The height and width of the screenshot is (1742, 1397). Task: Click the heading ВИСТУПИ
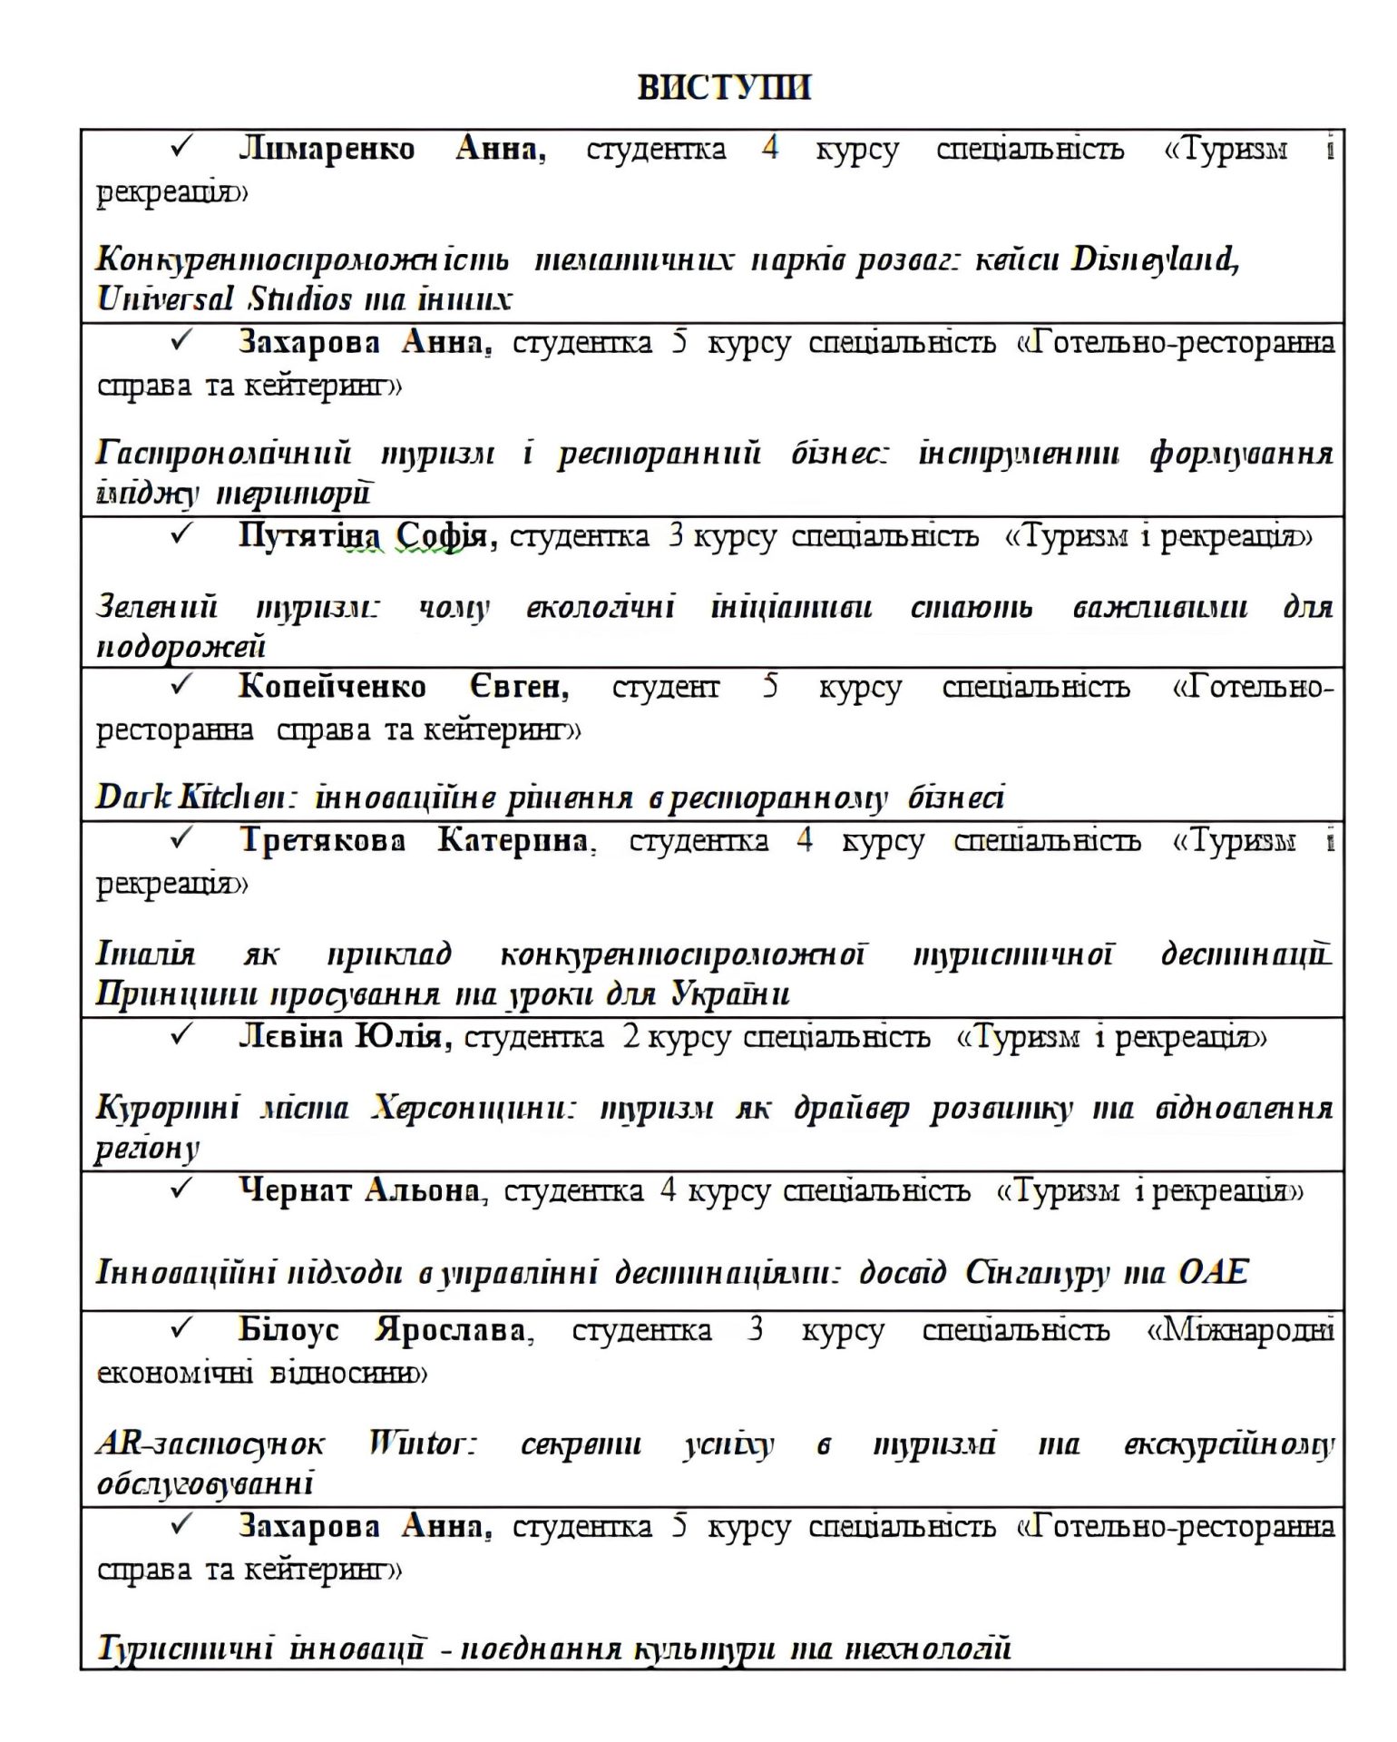(x=723, y=87)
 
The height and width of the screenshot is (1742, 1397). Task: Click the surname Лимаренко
(x=327, y=148)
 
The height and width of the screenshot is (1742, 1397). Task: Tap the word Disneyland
(x=1155, y=259)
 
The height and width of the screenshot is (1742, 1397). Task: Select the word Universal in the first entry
(x=165, y=298)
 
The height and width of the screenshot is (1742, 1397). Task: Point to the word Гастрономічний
(x=223, y=453)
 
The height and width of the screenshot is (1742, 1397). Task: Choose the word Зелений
(x=157, y=606)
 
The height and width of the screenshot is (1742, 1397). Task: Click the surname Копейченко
(x=332, y=687)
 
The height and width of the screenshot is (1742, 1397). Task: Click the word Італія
(x=145, y=954)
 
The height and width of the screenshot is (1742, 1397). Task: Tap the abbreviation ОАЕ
(x=1212, y=1272)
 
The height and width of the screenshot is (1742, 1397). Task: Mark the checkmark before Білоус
(x=181, y=1329)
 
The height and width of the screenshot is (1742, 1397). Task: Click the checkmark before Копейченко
(x=181, y=686)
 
